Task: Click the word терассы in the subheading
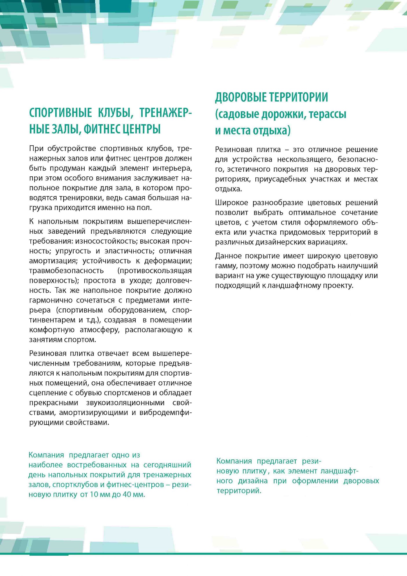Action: point(328,114)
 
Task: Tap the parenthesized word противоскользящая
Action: point(155,271)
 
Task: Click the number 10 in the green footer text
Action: point(93,495)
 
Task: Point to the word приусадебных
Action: point(280,179)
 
